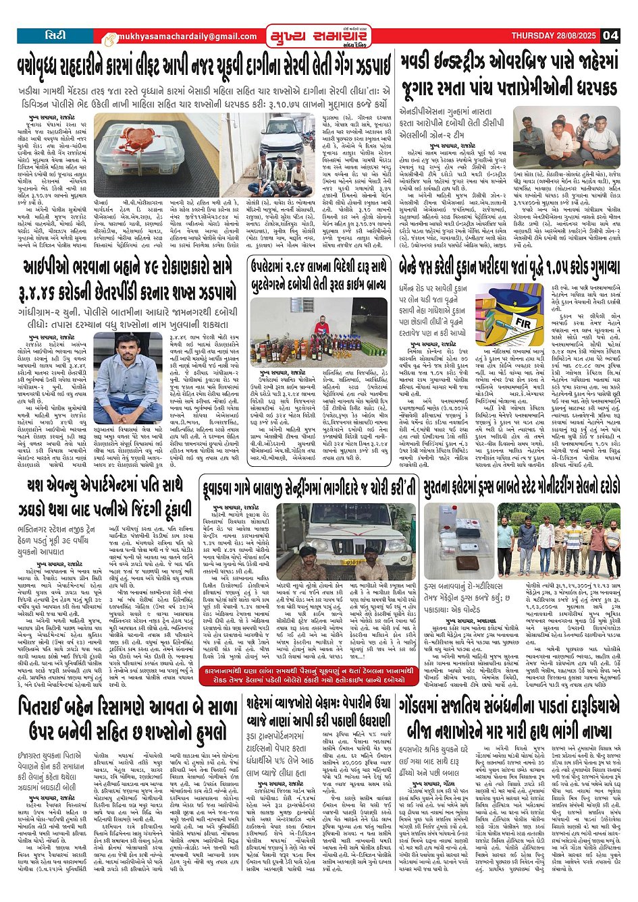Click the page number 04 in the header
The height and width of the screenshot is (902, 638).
pyautogui.click(x=610, y=35)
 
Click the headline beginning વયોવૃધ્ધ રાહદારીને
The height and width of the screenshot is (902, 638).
pyautogui.click(x=205, y=67)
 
